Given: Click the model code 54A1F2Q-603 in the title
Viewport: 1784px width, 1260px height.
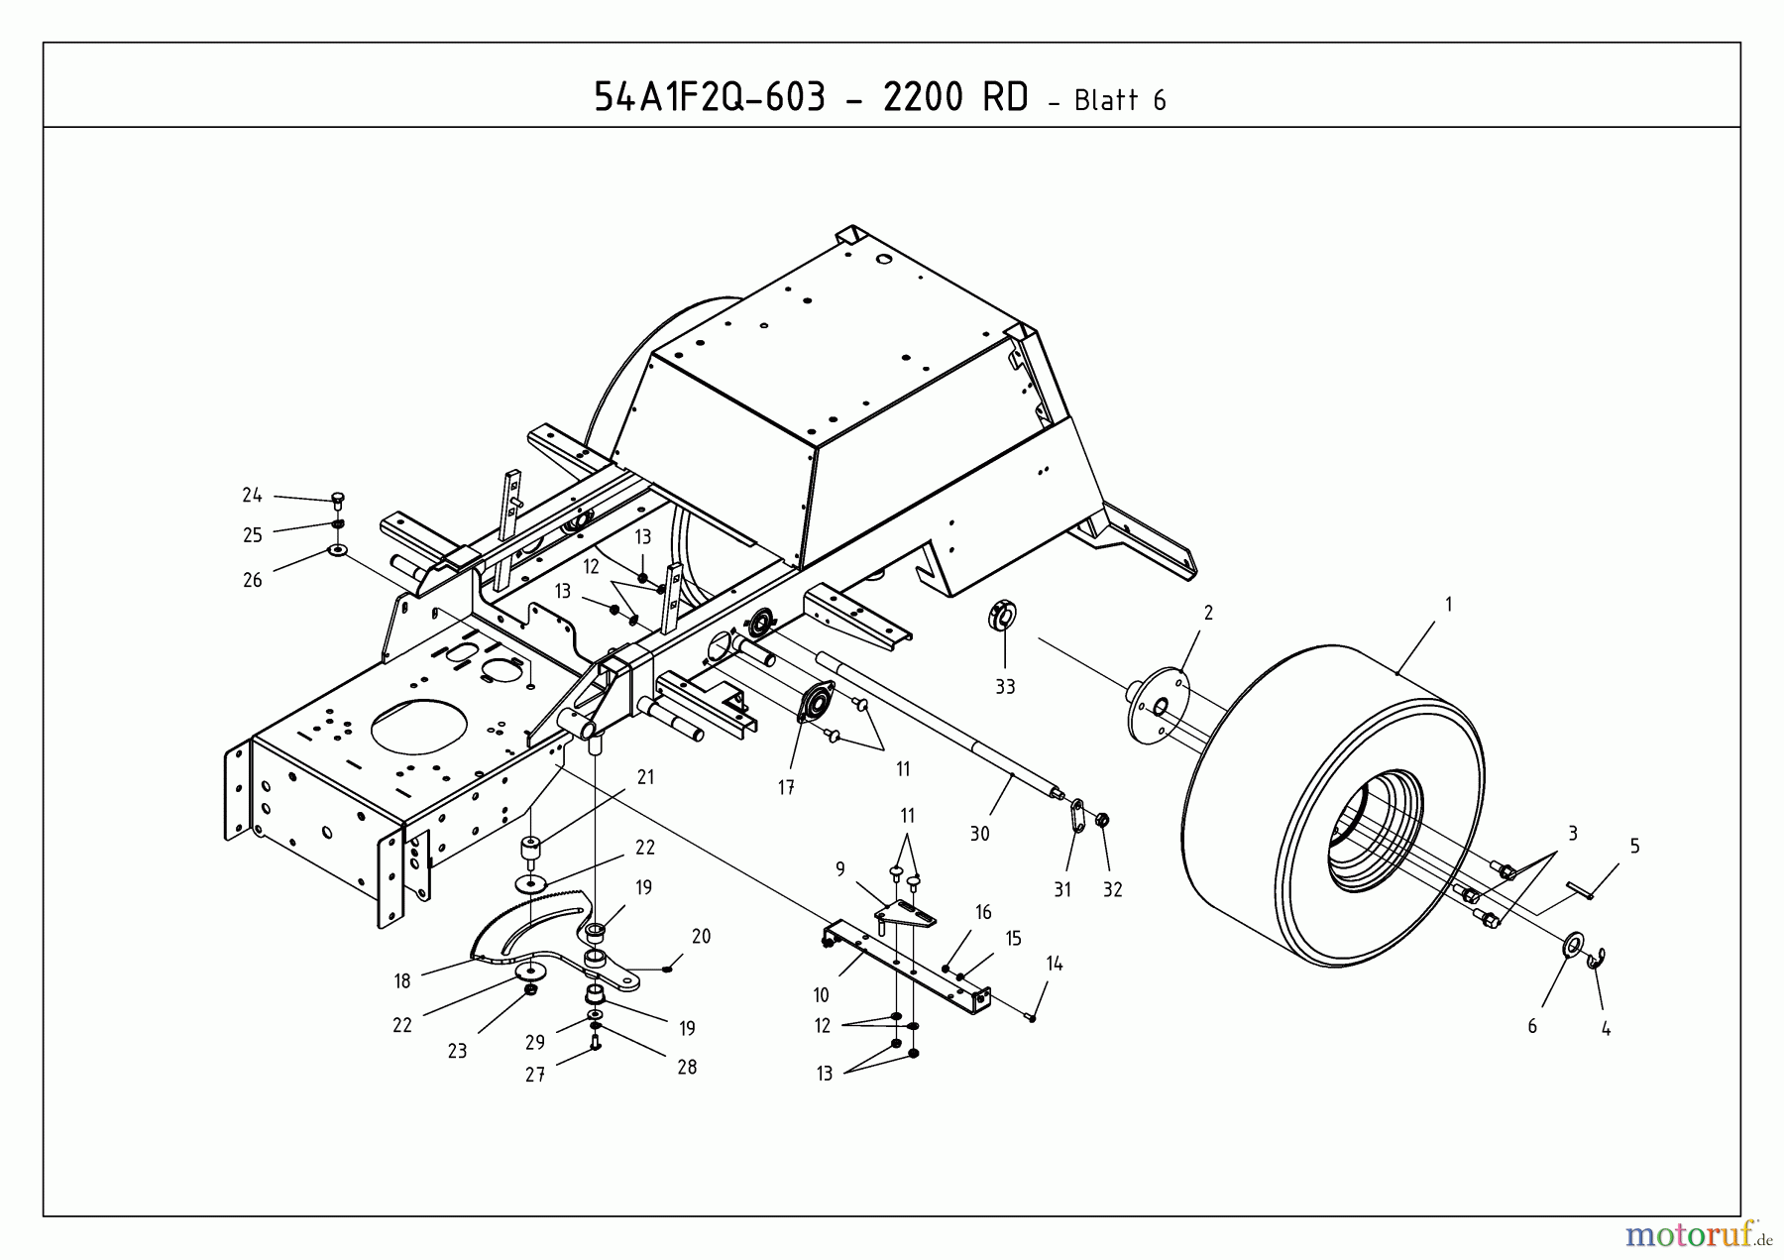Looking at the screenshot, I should tap(709, 97).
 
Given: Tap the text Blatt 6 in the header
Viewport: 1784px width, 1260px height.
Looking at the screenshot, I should tap(1119, 100).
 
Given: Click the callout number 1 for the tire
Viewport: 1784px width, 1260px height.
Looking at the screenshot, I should tap(1448, 604).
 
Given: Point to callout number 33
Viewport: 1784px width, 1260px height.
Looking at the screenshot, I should tap(1005, 686).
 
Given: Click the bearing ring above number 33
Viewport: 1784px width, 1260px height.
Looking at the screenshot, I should tap(1003, 615).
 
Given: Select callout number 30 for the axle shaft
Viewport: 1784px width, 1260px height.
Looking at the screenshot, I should tap(979, 834).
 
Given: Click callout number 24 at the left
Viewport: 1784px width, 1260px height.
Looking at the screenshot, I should tap(252, 495).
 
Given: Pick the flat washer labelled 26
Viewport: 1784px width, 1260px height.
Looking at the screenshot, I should tap(337, 550).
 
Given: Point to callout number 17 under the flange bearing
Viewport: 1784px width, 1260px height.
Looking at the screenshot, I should tap(786, 788).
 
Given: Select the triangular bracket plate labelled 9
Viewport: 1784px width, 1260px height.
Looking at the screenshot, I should tap(907, 913).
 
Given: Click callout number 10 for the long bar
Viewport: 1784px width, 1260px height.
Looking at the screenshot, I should tap(821, 994).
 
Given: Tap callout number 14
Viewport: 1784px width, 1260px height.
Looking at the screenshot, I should tap(1055, 963).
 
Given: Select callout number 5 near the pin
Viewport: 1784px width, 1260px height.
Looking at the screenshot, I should tap(1634, 846).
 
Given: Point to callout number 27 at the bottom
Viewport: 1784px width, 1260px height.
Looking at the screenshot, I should tap(535, 1075).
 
